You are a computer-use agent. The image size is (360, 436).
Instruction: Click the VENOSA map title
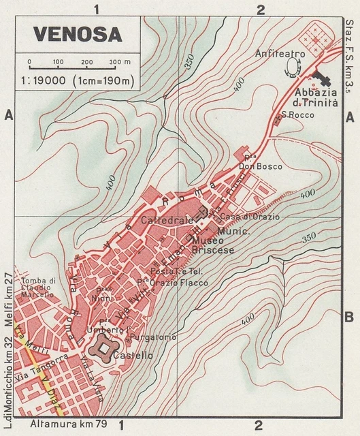pyautogui.click(x=77, y=33)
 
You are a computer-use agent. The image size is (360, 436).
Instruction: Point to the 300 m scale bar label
pyautogui.click(x=120, y=62)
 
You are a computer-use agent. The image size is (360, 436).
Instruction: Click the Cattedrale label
pyautogui.click(x=163, y=221)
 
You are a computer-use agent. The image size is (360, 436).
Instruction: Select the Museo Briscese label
pyautogui.click(x=213, y=245)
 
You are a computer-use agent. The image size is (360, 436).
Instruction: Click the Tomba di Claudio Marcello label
pyautogui.click(x=37, y=288)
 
